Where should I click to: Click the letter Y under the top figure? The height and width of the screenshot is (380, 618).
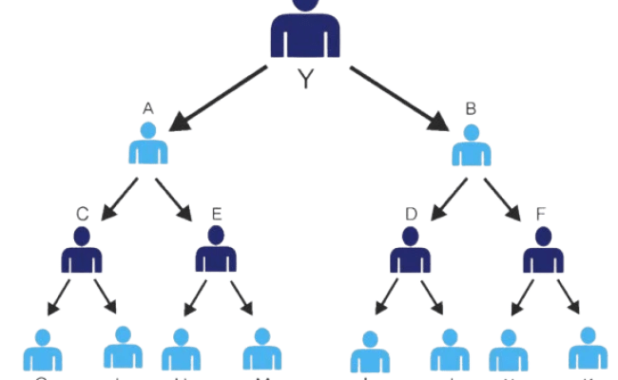click(x=305, y=80)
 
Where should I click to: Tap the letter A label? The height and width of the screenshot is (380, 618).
click(x=148, y=109)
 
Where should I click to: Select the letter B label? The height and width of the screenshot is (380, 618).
click(x=470, y=109)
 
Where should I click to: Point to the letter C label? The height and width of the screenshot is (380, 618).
click(x=82, y=216)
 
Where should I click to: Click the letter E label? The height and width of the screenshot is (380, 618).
click(x=217, y=216)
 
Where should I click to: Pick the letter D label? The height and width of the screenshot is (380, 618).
click(x=411, y=216)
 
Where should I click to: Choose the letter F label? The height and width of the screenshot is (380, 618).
click(x=542, y=216)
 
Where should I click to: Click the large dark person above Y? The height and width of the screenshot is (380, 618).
click(x=305, y=32)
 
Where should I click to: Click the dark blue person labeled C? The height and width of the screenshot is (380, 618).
click(x=82, y=251)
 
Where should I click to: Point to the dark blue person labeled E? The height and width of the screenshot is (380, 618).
click(x=217, y=251)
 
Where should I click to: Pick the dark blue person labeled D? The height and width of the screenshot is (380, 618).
click(x=411, y=251)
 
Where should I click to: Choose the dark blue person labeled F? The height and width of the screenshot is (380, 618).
click(x=542, y=251)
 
